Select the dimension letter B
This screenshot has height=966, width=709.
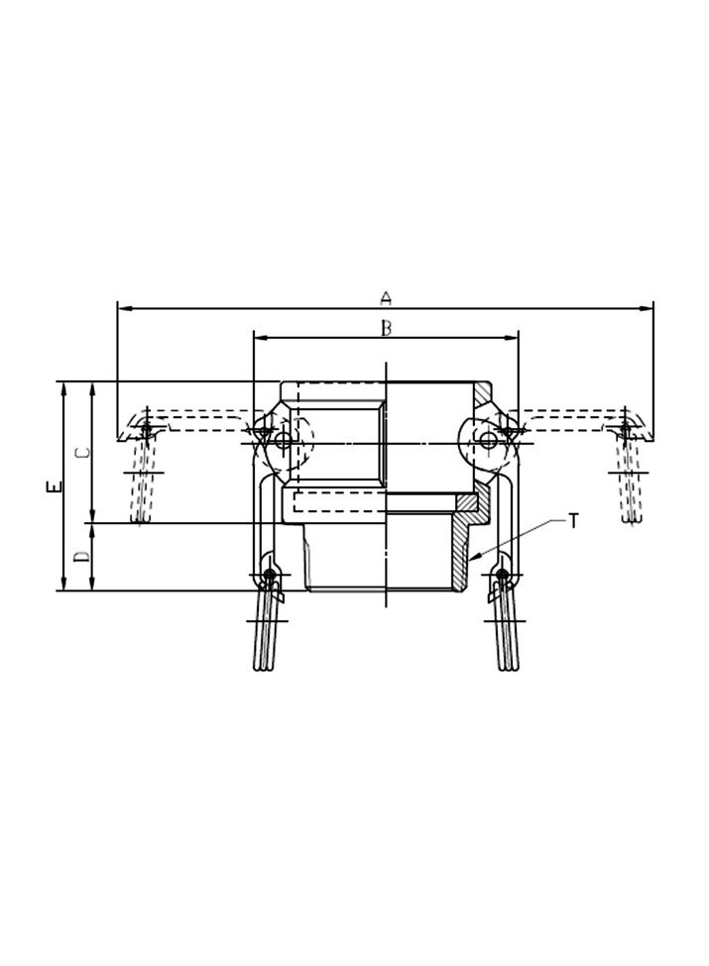pyautogui.click(x=387, y=328)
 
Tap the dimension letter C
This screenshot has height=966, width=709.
pyautogui.click(x=84, y=452)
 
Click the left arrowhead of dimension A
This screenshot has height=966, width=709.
pyautogui.click(x=123, y=309)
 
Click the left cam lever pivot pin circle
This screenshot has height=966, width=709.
pyautogui.click(x=285, y=442)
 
